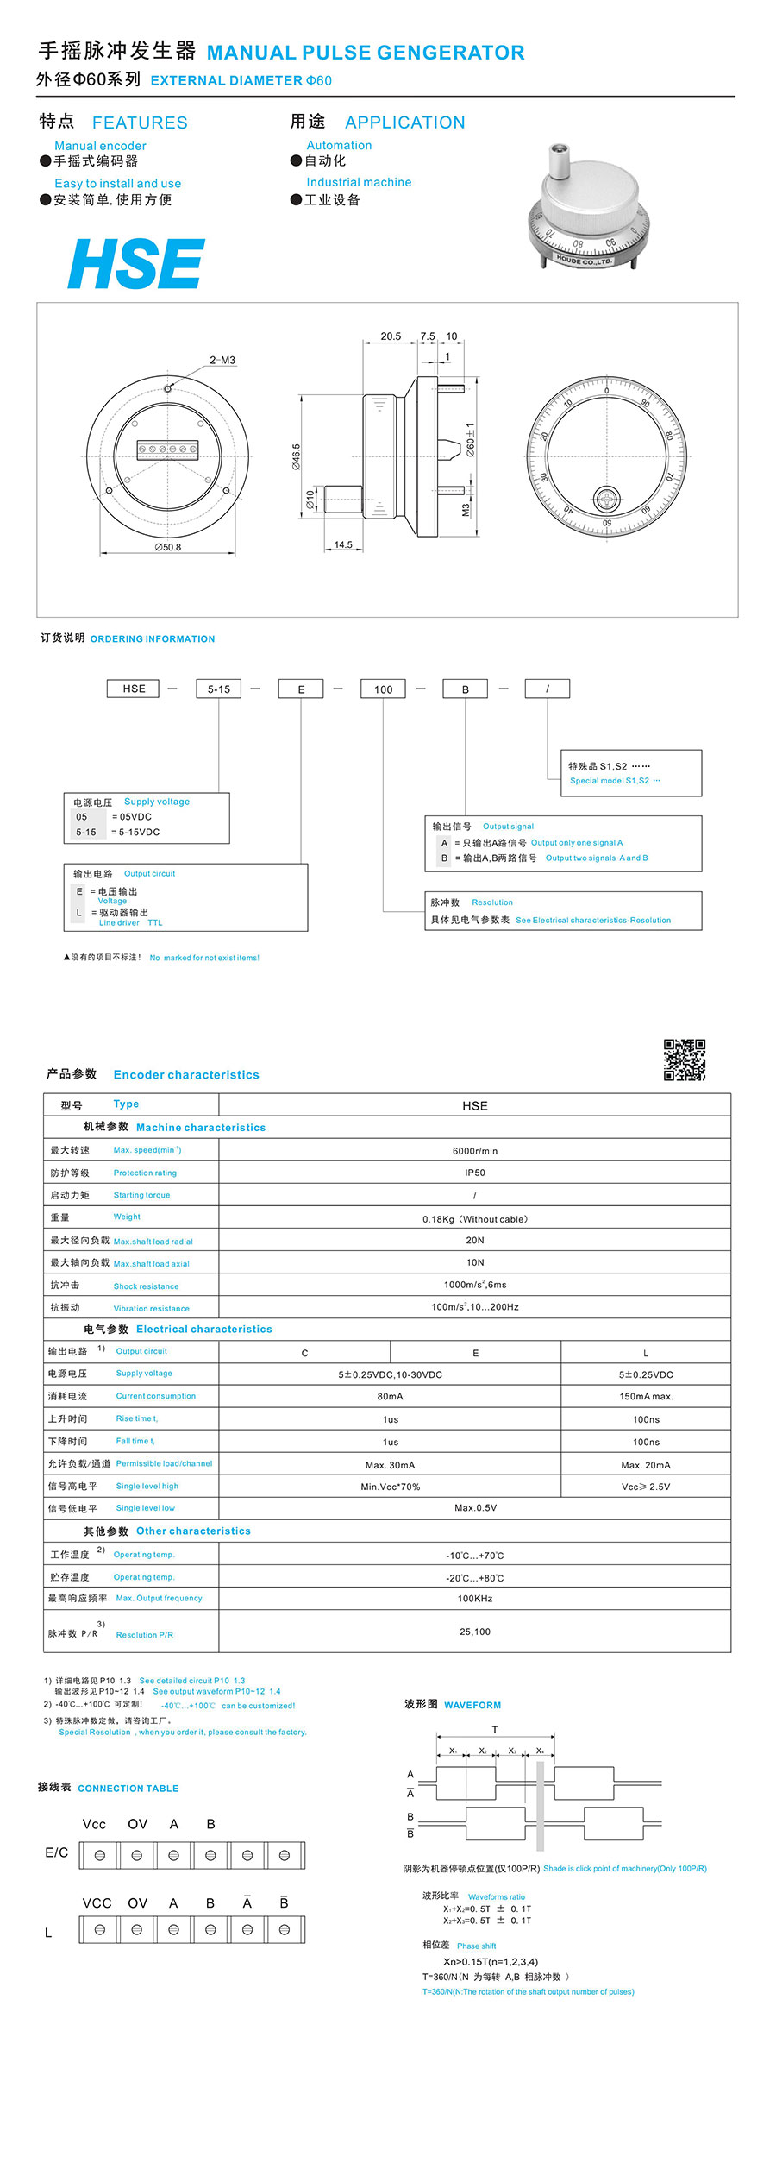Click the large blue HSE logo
point(136,264)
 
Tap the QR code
point(684,1060)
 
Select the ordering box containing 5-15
point(218,689)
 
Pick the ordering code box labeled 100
point(383,689)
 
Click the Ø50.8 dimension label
point(168,547)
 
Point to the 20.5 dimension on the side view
point(391,336)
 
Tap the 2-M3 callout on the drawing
point(222,360)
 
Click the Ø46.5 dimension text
point(297,456)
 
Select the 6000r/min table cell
point(474,1151)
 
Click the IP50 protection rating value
point(474,1173)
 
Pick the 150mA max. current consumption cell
point(646,1396)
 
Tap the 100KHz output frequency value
point(474,1598)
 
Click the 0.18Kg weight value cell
point(474,1218)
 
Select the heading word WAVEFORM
point(472,1705)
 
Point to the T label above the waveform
point(495,1729)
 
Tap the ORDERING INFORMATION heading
point(153,639)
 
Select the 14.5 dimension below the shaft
point(343,545)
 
